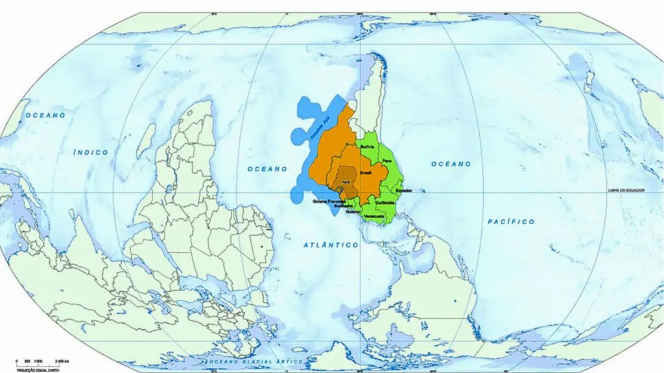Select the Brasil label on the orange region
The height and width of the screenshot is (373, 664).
366,174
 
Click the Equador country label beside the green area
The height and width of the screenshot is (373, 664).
403,190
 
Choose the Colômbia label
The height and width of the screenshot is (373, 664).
385,203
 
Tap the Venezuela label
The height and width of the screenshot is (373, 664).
374,215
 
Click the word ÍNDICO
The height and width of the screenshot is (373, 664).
91,152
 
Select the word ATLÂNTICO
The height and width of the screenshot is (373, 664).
331,245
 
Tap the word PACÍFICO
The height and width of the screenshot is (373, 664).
511,221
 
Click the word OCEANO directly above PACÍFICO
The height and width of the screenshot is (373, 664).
451,164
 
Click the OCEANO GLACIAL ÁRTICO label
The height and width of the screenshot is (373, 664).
246,360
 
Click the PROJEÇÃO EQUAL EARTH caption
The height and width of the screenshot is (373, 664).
36,368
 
